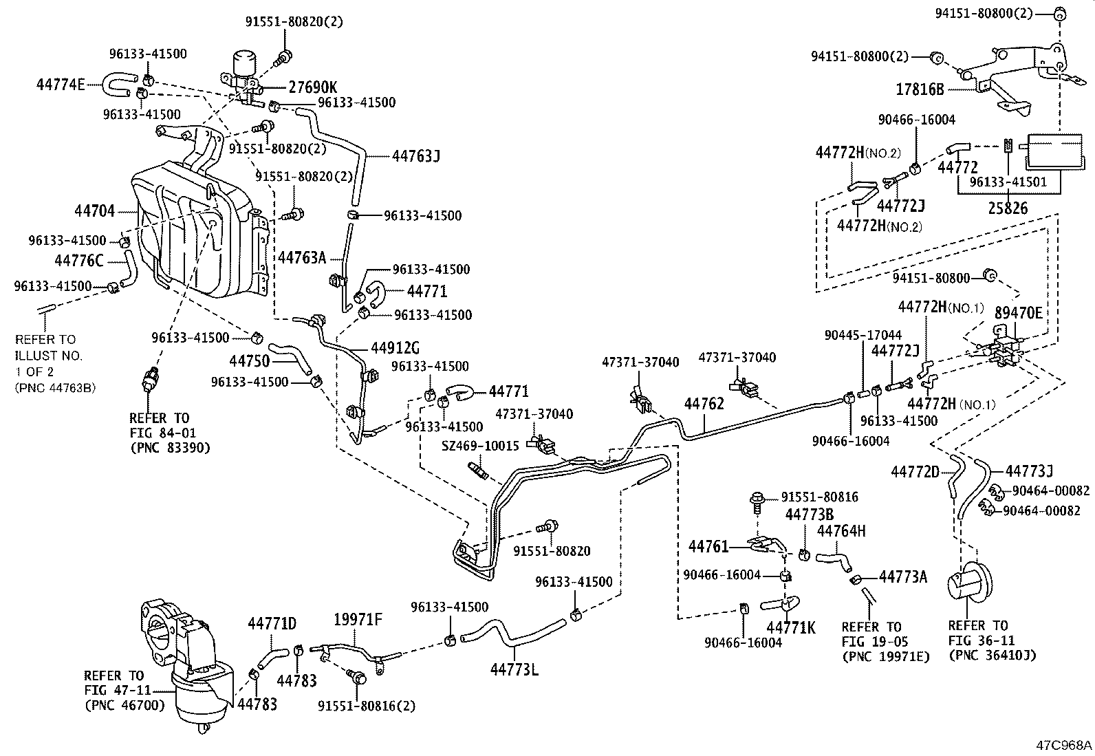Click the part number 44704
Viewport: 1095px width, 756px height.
click(x=96, y=212)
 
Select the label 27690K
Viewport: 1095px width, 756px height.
click(x=312, y=87)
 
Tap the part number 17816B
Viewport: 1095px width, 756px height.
click(x=920, y=89)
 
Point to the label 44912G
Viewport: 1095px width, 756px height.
click(x=395, y=347)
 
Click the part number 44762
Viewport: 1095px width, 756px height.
click(x=704, y=404)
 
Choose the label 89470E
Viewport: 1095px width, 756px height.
click(x=1018, y=313)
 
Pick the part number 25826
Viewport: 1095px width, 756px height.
click(x=1008, y=208)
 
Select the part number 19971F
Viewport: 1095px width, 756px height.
click(x=358, y=619)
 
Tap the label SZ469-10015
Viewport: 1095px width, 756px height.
click(x=480, y=446)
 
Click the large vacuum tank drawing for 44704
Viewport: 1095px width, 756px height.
click(x=199, y=230)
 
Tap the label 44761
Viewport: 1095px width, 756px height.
click(x=708, y=546)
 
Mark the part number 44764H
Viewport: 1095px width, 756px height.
click(x=841, y=531)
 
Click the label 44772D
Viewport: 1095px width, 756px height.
click(x=915, y=472)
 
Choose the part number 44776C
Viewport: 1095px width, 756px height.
click(x=79, y=260)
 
